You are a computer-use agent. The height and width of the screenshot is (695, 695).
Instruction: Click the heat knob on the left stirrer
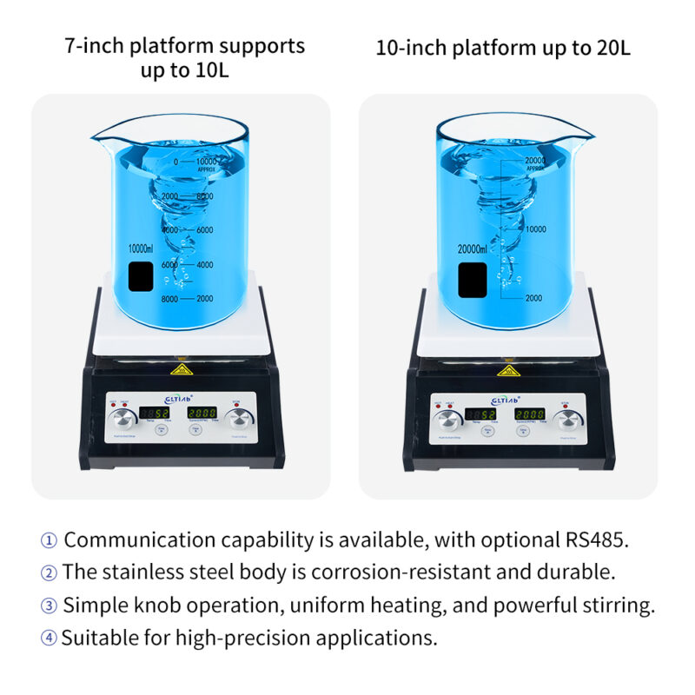[119, 421]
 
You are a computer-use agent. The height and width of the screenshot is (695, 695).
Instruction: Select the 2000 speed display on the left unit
[203, 413]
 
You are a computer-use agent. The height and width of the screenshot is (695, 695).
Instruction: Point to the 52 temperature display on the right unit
[480, 414]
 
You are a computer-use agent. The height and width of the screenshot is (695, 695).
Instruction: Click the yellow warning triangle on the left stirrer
[182, 370]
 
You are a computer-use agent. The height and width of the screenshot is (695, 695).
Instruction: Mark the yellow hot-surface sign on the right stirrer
[505, 371]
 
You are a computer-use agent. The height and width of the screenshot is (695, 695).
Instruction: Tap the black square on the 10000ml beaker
[141, 277]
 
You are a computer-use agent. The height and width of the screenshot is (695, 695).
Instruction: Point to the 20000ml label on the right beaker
[476, 248]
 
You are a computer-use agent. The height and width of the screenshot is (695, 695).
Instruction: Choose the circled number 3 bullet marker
[49, 606]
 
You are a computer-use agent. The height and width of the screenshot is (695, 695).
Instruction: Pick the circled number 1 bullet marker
[49, 540]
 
